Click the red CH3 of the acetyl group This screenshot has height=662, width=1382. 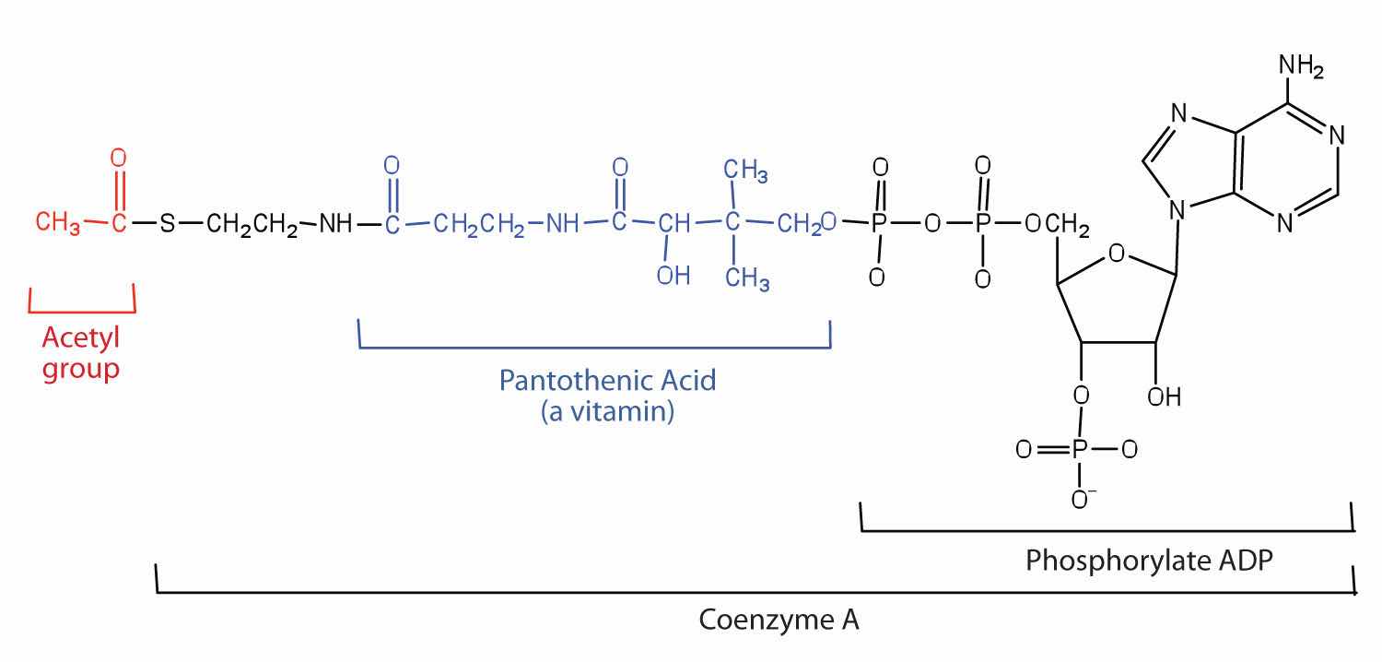coord(57,222)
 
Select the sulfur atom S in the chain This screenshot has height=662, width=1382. coord(167,223)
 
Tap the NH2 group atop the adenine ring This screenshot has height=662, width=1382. coord(1301,66)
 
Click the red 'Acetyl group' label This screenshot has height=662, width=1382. coord(81,354)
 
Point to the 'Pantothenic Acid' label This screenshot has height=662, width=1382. coord(608,381)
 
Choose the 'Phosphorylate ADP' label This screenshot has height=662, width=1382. coord(1149,561)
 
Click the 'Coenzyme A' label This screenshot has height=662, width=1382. coord(779,620)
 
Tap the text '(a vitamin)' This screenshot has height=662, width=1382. coord(608,411)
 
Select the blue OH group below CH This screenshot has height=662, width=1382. coord(673,276)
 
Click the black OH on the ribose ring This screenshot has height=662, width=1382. coord(1165,397)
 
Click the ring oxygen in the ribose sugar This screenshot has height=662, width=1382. coord(1116,254)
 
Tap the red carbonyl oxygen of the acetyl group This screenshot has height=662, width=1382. coord(119,158)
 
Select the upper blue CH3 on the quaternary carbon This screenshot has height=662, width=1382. coord(746,171)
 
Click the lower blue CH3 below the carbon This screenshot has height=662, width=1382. coord(747,278)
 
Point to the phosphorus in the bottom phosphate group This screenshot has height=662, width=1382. coord(1079,449)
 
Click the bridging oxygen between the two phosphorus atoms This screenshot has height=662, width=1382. coord(932,223)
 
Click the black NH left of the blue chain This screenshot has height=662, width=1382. coord(335,223)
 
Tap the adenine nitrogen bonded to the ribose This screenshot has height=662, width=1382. coord(1177,210)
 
